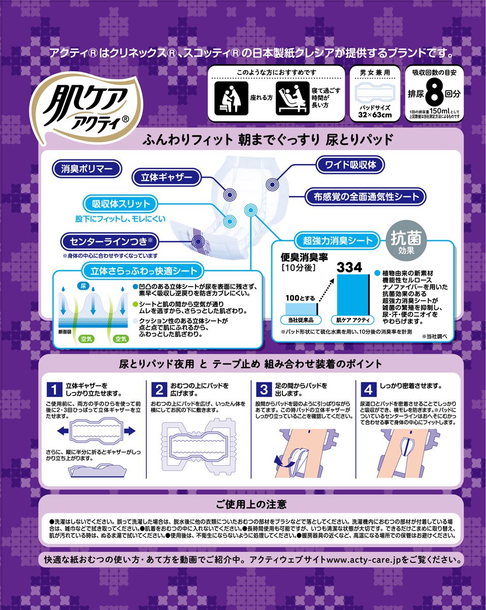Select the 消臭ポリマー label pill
87,169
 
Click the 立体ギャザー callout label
167,177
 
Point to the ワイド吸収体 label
350,165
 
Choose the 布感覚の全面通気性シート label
366,196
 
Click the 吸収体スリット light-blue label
120,204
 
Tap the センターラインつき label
110,241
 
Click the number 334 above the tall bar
349,267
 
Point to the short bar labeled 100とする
301,309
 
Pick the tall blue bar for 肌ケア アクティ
353,294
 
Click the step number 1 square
54,389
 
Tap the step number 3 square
264,389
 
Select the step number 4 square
368,389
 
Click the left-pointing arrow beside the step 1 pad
62,431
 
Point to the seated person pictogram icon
231,98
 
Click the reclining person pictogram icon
293,98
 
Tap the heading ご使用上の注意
251,504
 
